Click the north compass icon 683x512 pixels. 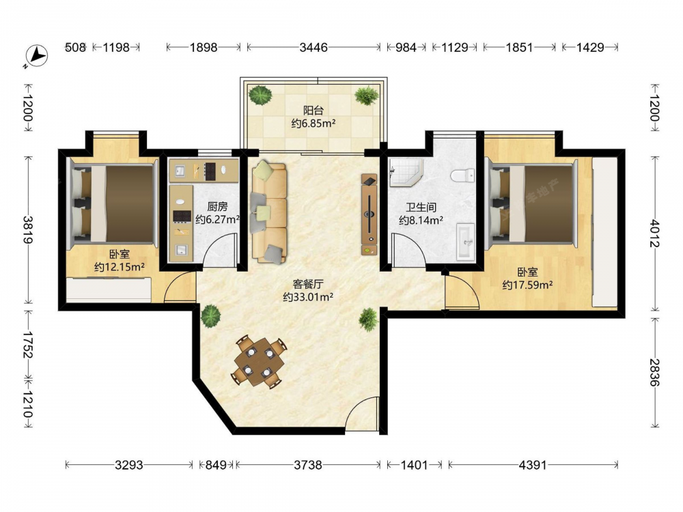tap(37, 56)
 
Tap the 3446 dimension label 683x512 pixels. tap(313, 47)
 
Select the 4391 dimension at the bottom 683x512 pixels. tap(532, 465)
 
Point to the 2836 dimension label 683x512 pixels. tap(654, 372)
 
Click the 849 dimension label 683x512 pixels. tap(216, 465)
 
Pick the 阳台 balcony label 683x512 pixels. tap(313, 111)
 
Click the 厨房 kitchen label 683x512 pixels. tap(217, 206)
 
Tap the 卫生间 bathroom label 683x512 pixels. tap(421, 208)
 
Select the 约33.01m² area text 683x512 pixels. tap(308, 298)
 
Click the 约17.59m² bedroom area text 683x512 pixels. tap(527, 285)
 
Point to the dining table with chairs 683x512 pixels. tap(259, 361)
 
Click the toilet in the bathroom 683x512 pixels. tap(462, 175)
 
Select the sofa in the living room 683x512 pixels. tap(268, 212)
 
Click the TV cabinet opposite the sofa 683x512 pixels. tap(369, 214)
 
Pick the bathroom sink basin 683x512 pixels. tap(466, 242)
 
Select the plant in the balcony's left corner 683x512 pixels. tap(260, 96)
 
